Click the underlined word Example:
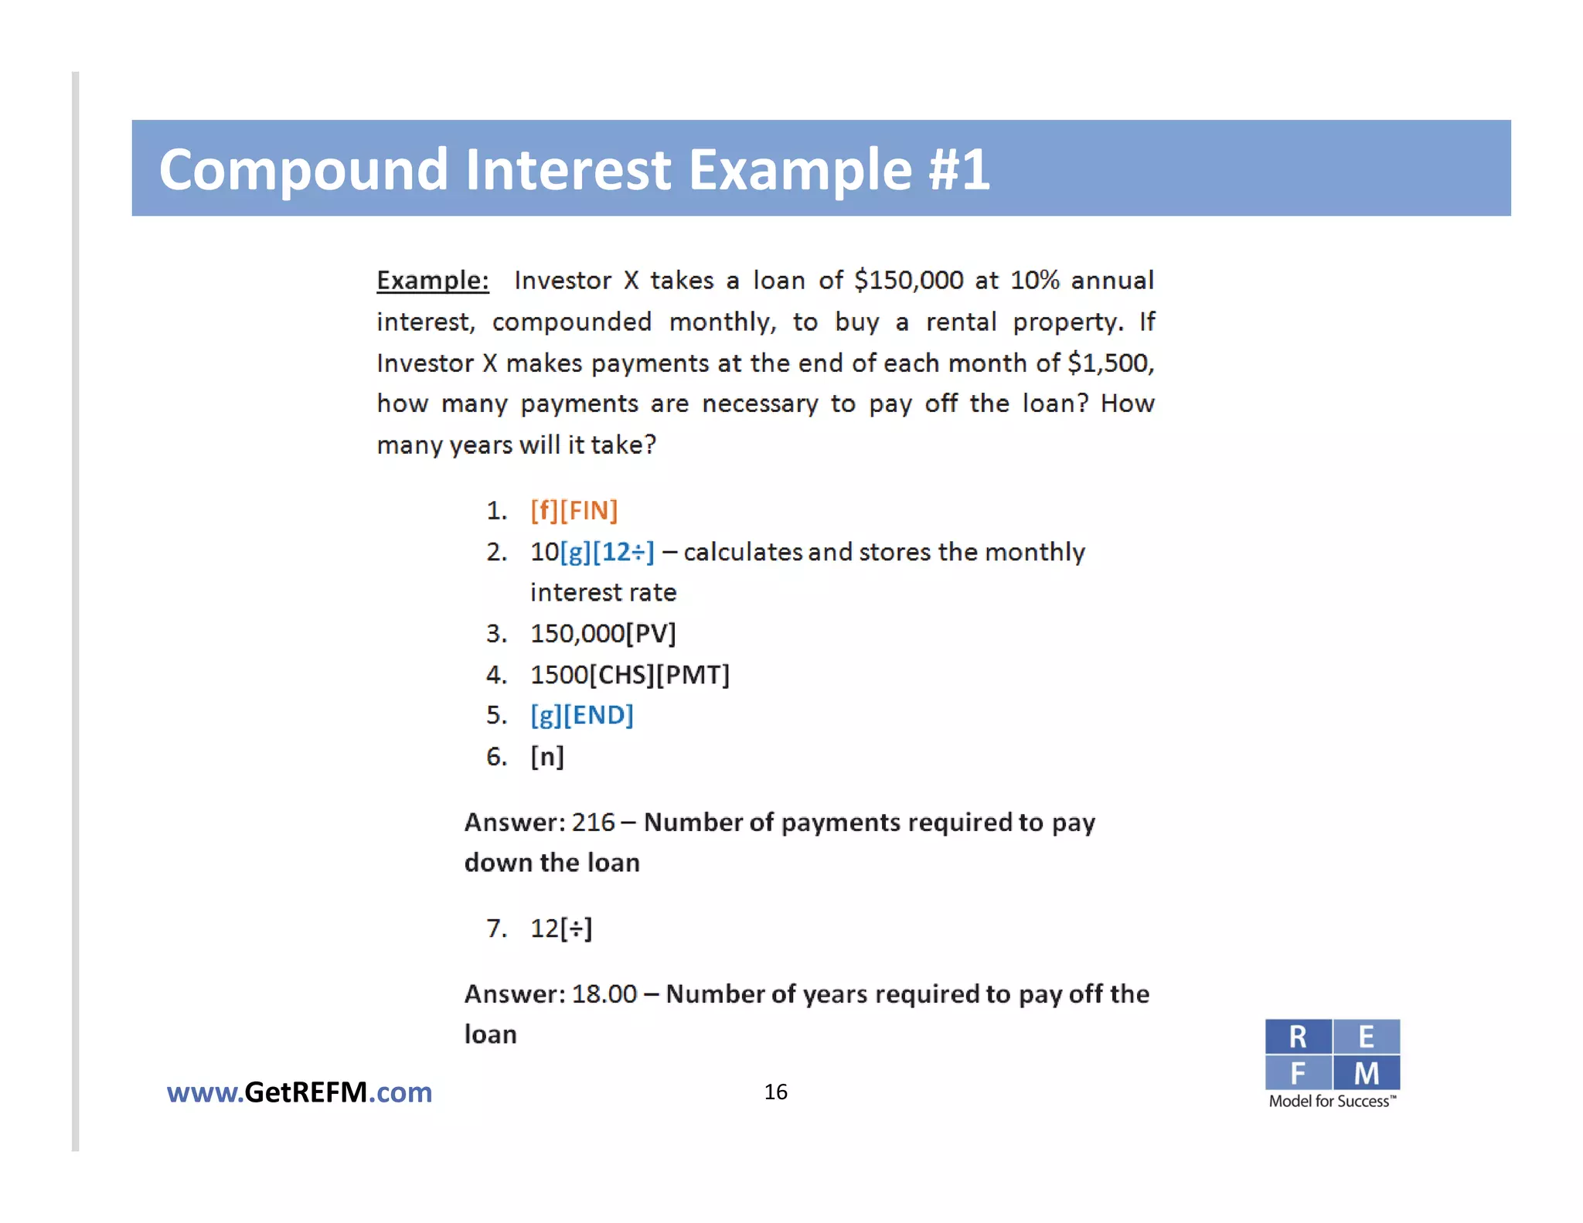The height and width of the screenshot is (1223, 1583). (433, 280)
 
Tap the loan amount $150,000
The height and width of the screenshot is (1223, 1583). (909, 280)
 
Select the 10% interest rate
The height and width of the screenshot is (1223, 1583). (1034, 280)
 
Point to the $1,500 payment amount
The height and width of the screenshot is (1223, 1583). (1110, 363)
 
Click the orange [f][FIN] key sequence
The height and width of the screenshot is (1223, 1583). (574, 510)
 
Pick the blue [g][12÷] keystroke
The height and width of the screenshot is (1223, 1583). (608, 552)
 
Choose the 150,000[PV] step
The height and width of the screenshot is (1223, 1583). (603, 634)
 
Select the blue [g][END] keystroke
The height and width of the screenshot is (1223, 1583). (582, 715)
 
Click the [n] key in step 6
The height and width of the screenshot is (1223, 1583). (547, 756)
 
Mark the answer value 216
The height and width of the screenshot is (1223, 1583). (594, 822)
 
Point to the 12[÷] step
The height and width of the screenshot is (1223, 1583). (561, 928)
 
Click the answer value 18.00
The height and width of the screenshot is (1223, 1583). (604, 994)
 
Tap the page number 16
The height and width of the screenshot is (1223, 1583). (775, 1092)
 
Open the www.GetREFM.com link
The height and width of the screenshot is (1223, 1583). (299, 1092)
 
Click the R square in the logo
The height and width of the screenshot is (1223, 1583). (1298, 1037)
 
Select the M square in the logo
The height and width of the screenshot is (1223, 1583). (1367, 1073)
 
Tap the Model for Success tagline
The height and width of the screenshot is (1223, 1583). (1332, 1102)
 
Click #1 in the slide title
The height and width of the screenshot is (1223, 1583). (958, 169)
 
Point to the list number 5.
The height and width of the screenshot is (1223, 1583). (495, 715)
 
